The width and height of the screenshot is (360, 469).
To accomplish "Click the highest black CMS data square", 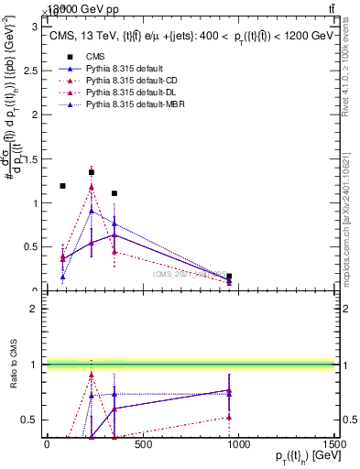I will click(x=92, y=172).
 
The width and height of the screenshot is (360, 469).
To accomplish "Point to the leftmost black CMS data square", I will click(x=62, y=186).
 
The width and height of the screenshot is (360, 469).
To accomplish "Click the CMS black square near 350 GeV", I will click(x=115, y=193).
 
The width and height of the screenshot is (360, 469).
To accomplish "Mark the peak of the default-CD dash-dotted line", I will click(x=92, y=187).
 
